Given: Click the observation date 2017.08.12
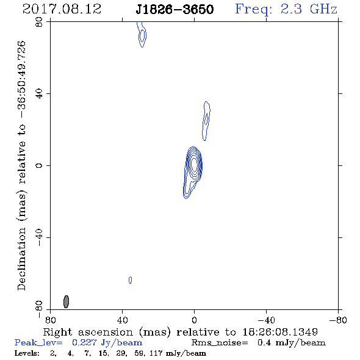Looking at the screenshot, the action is click(62, 9).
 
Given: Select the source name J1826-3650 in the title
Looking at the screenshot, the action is click(175, 9).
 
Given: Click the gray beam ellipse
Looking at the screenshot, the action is click(66, 301).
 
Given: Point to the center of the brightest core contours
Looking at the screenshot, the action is click(194, 164).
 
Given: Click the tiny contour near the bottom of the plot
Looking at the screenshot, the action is click(130, 280).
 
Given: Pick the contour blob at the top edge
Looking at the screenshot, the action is click(142, 35).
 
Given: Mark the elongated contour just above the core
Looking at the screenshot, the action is click(206, 121).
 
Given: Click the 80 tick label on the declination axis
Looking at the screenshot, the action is click(39, 22).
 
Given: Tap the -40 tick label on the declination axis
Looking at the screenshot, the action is click(39, 237).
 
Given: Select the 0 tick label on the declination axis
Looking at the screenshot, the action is click(39, 165).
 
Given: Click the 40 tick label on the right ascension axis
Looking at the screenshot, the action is click(122, 320).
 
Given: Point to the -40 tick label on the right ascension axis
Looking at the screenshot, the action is click(266, 320).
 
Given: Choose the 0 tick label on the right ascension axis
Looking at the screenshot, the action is click(194, 320).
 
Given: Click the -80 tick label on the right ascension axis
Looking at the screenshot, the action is click(338, 320).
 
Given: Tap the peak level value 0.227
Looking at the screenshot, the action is click(84, 342).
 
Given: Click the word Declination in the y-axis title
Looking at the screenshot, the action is click(21, 259).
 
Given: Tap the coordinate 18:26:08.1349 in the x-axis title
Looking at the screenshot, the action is click(280, 332).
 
